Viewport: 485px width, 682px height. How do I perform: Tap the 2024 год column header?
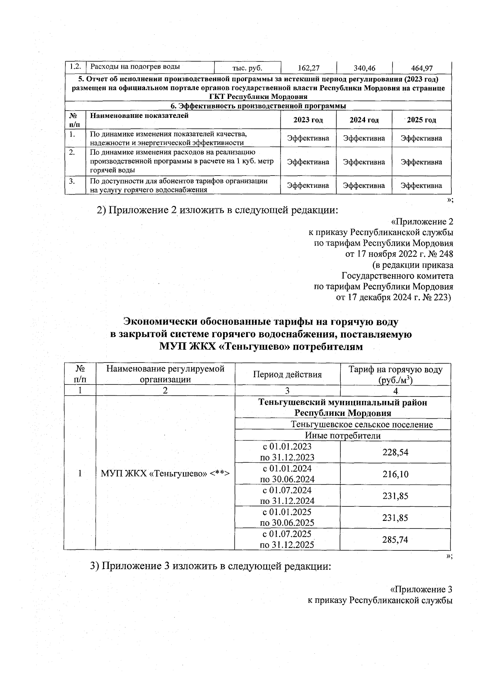pos(364,120)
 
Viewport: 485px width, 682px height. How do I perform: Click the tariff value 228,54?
pos(395,452)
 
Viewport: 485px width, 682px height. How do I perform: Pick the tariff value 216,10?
pos(395,474)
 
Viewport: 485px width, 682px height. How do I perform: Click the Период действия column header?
pos(287,374)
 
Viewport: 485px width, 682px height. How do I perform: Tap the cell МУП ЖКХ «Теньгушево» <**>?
pos(165,473)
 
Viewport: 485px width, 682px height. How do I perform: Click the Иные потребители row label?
pos(343,436)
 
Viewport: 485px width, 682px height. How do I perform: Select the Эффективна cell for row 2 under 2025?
pos(421,162)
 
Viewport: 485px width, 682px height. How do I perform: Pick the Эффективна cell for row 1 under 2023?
pos(308,138)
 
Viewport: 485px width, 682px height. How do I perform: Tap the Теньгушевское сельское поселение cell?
pos(362,425)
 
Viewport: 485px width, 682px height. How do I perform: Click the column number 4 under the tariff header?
pos(395,391)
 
